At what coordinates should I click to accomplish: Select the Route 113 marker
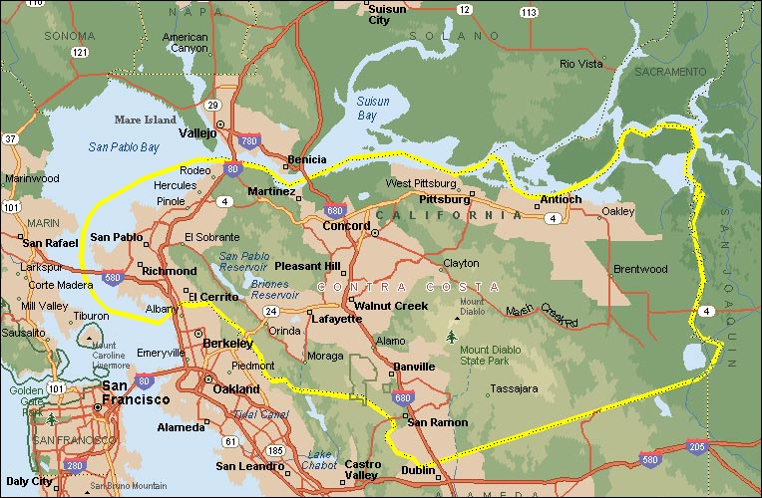[528, 12]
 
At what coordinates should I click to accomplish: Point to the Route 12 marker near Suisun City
[465, 9]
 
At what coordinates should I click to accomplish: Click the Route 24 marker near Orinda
[269, 311]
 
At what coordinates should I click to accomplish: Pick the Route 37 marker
[11, 138]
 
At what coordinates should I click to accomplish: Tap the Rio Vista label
[581, 64]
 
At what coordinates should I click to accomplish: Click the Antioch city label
[560, 199]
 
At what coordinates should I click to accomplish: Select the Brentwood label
[639, 270]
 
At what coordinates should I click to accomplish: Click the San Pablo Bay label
[124, 147]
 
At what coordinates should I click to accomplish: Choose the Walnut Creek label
[391, 305]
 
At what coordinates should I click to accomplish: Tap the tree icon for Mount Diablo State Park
[455, 337]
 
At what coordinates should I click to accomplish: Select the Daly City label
[28, 481]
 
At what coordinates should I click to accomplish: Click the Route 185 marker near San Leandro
[275, 450]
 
